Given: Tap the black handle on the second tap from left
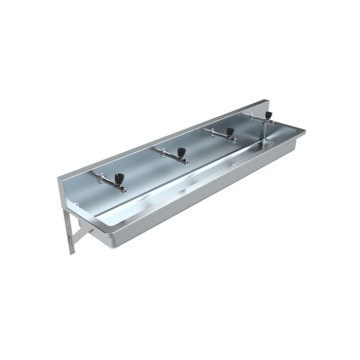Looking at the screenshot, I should (181, 152).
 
